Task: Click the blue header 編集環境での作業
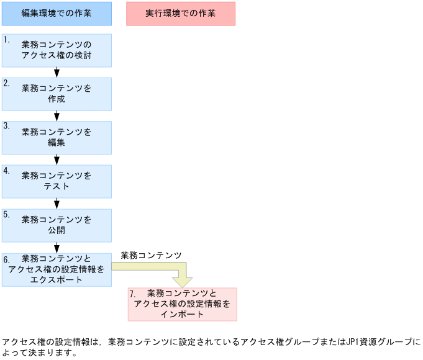point(57,13)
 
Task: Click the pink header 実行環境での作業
point(181,13)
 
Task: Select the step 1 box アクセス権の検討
point(57,50)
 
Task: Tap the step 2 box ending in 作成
point(57,94)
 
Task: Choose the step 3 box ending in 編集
point(57,137)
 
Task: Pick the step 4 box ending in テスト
point(57,181)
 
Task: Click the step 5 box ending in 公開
point(57,225)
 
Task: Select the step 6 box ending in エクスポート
point(57,269)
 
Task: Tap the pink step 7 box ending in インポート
point(183,304)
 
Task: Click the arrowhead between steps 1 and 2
point(57,73)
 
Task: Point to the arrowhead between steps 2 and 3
point(57,116)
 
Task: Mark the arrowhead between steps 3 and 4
point(57,160)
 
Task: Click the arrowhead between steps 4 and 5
point(57,203)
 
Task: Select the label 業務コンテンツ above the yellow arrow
point(151,255)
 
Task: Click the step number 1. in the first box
point(7,39)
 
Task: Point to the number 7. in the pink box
point(133,294)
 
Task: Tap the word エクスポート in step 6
point(57,279)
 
